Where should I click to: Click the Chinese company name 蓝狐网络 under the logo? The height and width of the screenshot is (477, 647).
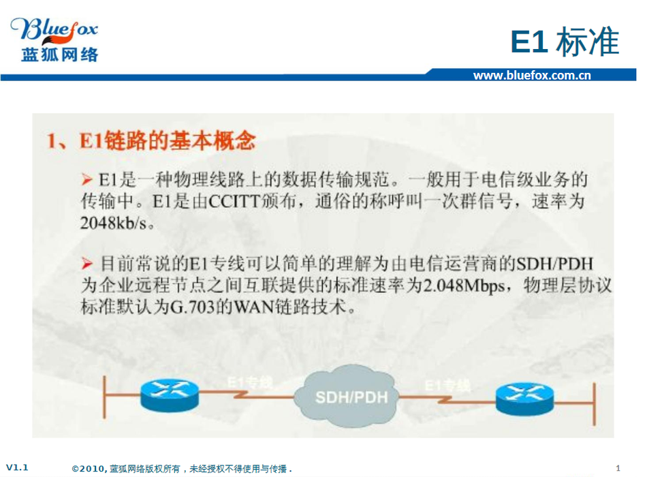click(60, 55)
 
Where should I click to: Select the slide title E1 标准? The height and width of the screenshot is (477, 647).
click(565, 42)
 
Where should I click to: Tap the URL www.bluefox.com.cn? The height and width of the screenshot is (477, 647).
click(532, 75)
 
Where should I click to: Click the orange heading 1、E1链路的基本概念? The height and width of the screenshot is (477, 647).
click(151, 140)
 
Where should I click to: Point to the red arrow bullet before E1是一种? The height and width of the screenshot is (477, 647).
click(86, 180)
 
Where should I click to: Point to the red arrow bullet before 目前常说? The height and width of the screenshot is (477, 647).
click(86, 264)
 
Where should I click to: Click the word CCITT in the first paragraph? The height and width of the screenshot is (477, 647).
click(234, 202)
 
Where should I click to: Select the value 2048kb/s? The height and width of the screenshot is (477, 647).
click(114, 223)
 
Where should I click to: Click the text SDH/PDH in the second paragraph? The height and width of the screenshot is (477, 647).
click(555, 264)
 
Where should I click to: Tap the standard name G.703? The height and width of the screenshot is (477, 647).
click(193, 307)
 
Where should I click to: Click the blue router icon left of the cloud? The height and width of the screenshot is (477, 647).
click(170, 396)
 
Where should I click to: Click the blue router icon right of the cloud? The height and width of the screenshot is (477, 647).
click(524, 399)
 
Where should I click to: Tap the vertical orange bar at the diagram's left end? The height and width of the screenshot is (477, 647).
click(104, 397)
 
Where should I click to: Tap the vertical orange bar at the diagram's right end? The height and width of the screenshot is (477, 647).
click(594, 404)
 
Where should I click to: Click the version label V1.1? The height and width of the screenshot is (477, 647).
click(17, 467)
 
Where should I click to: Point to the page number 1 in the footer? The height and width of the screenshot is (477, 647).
click(618, 468)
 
